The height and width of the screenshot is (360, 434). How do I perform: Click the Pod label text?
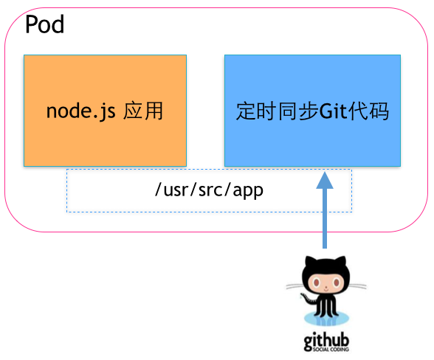(x=44, y=25)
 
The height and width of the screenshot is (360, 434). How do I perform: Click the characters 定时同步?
(x=277, y=112)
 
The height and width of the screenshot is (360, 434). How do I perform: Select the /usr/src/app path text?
(x=209, y=190)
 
